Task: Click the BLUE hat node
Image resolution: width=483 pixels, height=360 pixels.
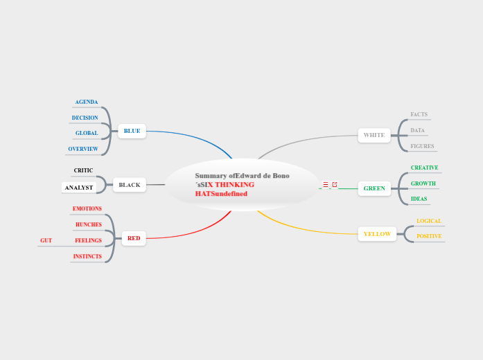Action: [132, 131]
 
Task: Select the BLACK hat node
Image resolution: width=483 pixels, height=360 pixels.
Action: [130, 185]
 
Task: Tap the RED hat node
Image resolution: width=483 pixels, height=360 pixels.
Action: [134, 238]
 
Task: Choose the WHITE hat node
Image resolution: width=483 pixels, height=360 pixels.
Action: [374, 135]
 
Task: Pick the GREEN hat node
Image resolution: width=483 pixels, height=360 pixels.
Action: [374, 188]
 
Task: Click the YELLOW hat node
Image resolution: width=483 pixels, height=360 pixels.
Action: [377, 234]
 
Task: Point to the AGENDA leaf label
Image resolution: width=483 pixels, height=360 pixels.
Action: [87, 102]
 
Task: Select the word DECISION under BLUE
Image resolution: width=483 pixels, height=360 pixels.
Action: [85, 118]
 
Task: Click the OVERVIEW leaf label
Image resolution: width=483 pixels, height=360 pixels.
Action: [83, 149]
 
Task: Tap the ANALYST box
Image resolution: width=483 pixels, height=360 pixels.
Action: [79, 188]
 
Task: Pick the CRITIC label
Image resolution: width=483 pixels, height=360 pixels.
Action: [83, 170]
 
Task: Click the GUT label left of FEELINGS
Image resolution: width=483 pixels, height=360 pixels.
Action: [46, 240]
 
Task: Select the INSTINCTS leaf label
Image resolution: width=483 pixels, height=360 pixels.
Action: [87, 256]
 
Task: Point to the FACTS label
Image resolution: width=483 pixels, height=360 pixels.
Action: [419, 114]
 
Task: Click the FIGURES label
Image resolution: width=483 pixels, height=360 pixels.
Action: [422, 146]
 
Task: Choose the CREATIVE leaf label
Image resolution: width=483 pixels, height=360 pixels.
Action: [424, 168]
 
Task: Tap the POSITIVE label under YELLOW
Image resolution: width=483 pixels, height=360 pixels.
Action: [429, 236]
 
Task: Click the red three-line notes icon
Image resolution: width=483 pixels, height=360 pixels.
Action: [326, 185]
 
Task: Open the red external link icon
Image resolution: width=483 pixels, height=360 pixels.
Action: [335, 185]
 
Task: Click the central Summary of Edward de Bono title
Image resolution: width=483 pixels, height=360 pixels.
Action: [242, 185]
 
